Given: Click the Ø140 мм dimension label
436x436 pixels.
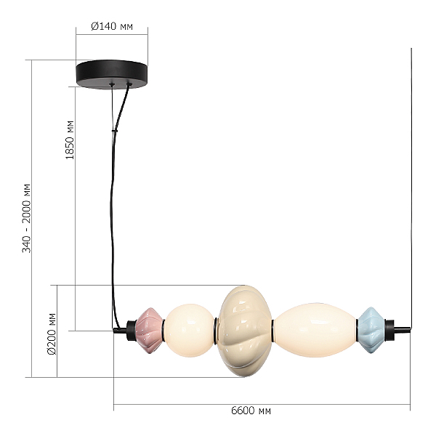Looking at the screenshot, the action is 112,26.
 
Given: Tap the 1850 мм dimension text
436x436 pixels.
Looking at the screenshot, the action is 70,140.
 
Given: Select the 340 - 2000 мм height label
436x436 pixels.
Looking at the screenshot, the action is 26,218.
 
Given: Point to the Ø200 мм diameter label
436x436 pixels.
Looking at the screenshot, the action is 52,334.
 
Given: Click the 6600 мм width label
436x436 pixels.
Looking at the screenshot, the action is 251,411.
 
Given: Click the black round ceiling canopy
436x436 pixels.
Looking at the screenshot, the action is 112,75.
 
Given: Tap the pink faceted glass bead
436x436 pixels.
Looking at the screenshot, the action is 150,331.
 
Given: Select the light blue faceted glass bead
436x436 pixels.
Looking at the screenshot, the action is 371,330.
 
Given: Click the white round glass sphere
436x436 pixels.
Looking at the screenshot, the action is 190,331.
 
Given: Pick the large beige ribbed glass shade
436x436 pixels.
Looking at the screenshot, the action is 245,331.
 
